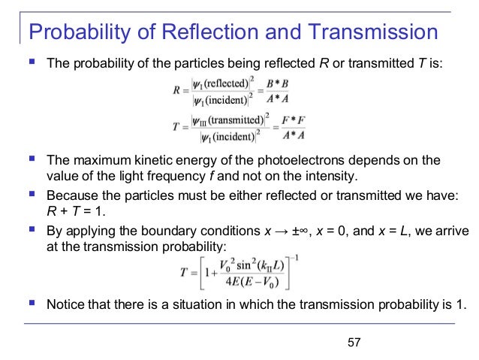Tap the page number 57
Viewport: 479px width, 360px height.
[355, 343]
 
